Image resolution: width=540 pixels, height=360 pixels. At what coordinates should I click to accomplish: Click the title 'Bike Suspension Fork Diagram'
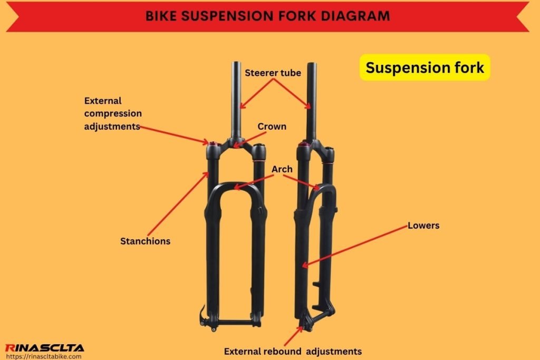268,16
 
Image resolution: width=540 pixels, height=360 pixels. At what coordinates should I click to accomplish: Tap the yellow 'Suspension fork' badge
425,67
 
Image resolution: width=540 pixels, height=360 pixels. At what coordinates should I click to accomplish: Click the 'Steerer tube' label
273,73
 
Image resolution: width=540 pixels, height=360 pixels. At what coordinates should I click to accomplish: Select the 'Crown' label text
272,127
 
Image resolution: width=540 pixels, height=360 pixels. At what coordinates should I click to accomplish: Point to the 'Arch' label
282,169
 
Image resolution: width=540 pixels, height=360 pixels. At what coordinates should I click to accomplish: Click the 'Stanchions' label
145,241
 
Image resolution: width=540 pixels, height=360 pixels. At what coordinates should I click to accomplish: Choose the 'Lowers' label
423,226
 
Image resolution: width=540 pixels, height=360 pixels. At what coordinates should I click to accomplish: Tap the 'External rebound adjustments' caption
293,351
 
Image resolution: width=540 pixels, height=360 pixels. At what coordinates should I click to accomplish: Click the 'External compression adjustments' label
113,113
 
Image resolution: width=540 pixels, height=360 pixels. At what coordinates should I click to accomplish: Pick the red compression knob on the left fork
213,143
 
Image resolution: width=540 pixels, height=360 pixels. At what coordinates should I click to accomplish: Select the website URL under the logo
43,356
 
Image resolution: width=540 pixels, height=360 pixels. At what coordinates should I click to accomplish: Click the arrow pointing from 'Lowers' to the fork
356,246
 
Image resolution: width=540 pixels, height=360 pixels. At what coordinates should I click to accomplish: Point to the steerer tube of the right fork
312,100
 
